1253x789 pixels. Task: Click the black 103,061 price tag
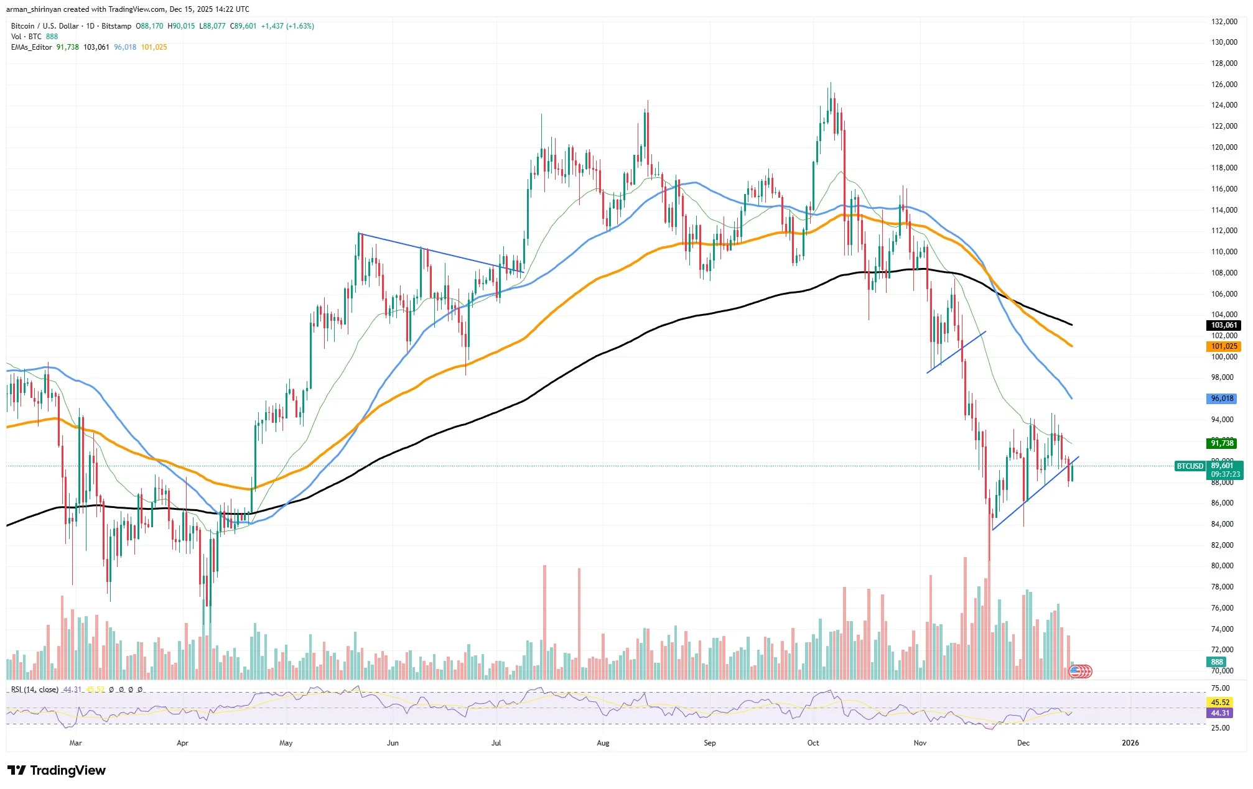point(1223,325)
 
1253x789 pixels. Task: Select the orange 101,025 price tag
point(1223,346)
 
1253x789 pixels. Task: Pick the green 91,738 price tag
point(1222,443)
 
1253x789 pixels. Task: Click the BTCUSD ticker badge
point(1190,466)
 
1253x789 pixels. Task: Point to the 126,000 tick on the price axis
point(1223,85)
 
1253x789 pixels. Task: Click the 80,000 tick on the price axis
point(1222,566)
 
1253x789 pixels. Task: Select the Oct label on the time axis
point(813,743)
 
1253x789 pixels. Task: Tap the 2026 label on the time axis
point(1130,743)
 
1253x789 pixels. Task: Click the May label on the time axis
point(286,743)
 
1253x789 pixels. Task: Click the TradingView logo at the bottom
point(57,771)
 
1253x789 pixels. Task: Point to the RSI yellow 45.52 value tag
point(1220,703)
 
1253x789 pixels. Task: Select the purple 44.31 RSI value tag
point(1220,713)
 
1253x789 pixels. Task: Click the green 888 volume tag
point(1217,662)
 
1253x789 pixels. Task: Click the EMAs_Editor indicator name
point(31,47)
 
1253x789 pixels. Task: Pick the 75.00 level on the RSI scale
point(1220,688)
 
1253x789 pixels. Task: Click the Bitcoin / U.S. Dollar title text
point(45,26)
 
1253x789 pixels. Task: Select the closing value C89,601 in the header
point(243,26)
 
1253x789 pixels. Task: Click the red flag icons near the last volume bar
point(1081,671)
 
